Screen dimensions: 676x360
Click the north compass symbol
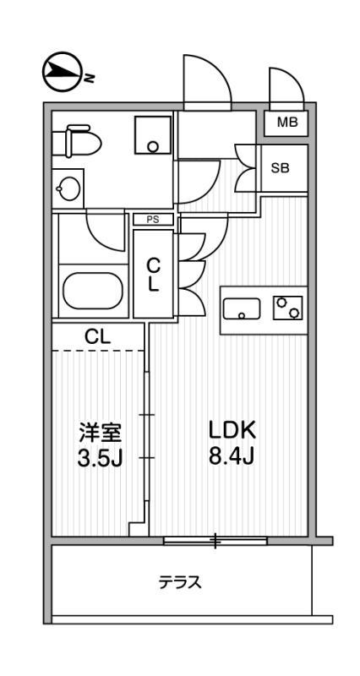(58, 74)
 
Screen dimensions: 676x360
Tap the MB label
(286, 123)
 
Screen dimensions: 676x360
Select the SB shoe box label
(280, 167)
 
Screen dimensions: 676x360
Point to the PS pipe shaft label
(153, 220)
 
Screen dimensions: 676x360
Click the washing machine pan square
(153, 134)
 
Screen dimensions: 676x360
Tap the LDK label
(232, 430)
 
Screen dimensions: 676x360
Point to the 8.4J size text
(232, 459)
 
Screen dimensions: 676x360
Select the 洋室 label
(100, 433)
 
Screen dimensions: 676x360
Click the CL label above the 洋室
(97, 336)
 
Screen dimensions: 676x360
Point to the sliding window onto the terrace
(215, 539)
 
